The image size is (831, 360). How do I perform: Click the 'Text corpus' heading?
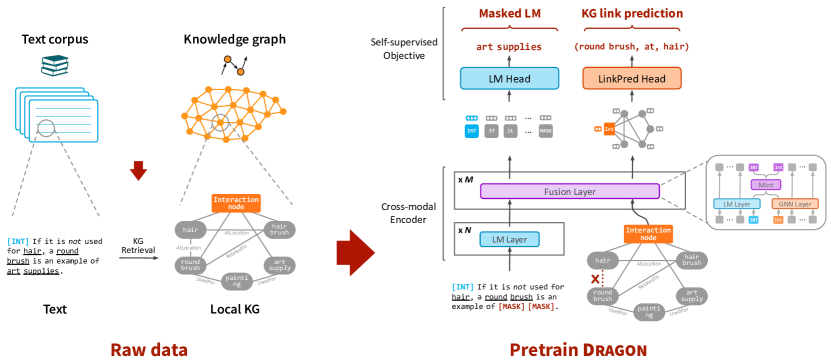tap(56, 39)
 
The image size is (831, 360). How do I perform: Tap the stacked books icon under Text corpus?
tap(55, 66)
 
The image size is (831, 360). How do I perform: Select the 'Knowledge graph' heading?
tap(233, 39)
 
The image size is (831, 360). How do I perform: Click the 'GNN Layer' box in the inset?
tap(792, 204)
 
